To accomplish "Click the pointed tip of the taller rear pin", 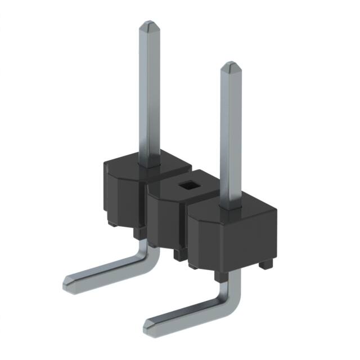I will click(149, 26).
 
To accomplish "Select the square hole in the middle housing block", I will click(184, 185).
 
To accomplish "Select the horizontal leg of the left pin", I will click(107, 270).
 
